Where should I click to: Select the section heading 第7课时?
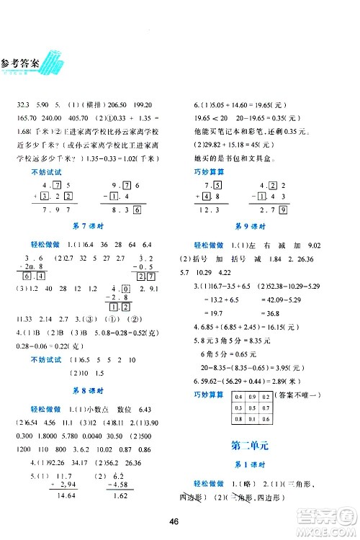[91, 227]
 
